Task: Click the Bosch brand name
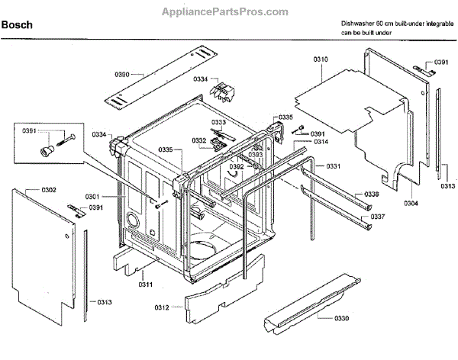tap(16, 24)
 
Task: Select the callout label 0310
tap(321, 58)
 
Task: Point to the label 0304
tap(411, 203)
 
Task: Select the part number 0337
tap(376, 217)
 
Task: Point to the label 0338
tap(372, 194)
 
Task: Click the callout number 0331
tap(334, 166)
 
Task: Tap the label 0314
tap(321, 142)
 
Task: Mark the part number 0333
tap(218, 122)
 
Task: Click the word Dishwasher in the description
tap(359, 24)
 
